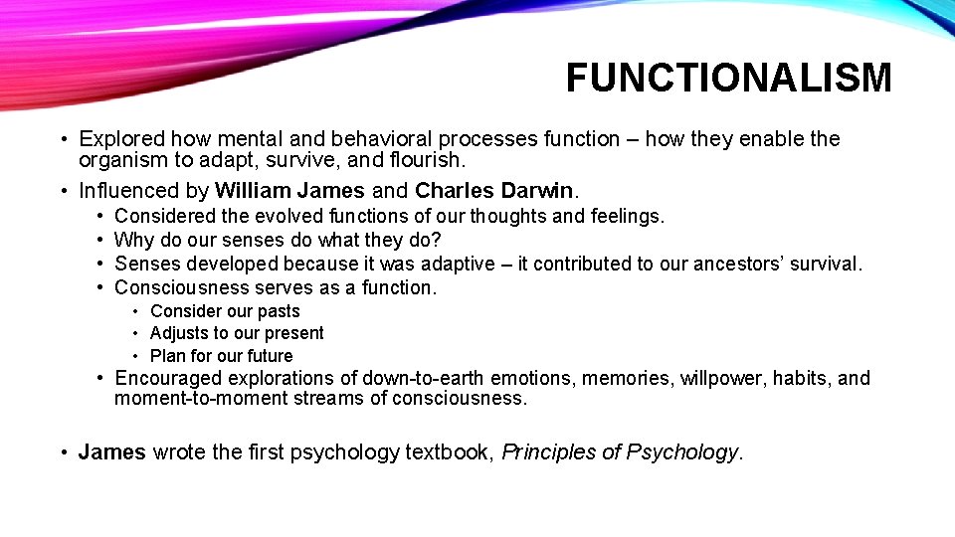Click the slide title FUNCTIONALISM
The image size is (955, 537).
(728, 78)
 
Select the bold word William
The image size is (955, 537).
(252, 190)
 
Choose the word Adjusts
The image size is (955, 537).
(179, 333)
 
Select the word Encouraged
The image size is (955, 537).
(170, 378)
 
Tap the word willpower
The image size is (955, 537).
(721, 378)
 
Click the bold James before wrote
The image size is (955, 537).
(112, 452)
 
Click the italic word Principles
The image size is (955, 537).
(547, 452)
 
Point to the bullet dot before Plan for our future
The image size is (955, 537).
(137, 356)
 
